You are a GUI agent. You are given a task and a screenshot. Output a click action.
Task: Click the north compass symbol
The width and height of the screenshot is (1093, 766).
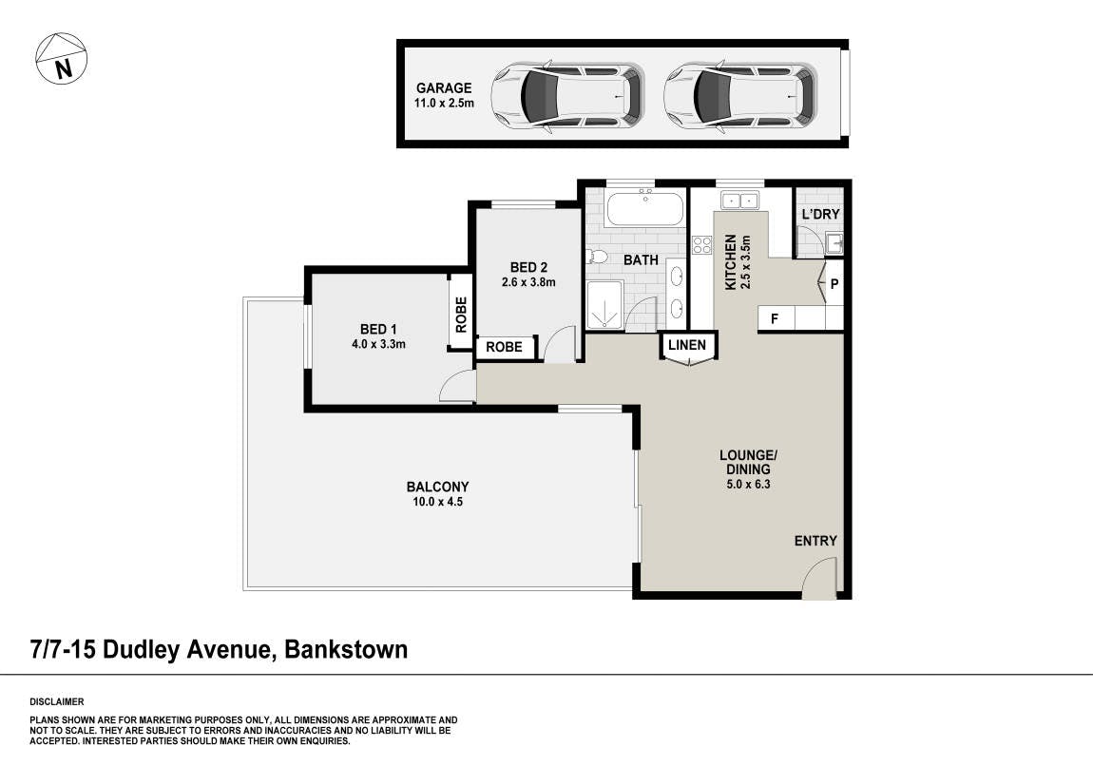click(x=62, y=58)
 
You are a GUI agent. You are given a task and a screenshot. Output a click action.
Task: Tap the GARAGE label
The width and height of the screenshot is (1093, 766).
click(x=444, y=87)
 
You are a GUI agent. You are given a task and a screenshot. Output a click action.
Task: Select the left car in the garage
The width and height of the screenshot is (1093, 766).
click(x=567, y=95)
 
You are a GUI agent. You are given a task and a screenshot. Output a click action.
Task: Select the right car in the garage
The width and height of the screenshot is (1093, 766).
click(x=739, y=95)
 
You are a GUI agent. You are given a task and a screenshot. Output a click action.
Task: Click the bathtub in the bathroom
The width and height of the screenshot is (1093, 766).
click(x=644, y=208)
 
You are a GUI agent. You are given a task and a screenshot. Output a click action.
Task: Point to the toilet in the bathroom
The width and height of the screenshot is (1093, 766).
click(x=596, y=257)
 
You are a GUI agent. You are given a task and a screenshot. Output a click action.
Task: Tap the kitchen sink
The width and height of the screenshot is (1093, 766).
click(x=739, y=201)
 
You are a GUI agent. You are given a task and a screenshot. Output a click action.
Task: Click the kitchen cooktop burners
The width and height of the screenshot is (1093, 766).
click(x=702, y=244)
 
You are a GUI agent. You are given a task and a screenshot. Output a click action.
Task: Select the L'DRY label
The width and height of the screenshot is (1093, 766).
click(x=820, y=214)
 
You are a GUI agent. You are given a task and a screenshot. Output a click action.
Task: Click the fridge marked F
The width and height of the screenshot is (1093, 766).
click(x=775, y=318)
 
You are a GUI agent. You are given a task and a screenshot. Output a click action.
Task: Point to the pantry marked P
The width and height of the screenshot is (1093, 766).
click(x=834, y=283)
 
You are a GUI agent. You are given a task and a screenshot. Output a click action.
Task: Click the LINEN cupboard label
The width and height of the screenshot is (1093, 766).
click(x=686, y=344)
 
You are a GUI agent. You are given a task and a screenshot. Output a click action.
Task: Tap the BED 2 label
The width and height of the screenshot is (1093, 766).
click(x=528, y=267)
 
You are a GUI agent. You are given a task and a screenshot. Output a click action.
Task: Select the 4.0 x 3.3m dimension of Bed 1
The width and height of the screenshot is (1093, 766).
click(x=378, y=344)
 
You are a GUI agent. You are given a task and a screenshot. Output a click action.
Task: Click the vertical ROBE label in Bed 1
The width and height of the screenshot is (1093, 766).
click(x=461, y=315)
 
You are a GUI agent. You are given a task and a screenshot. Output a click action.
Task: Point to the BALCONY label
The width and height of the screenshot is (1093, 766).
click(x=438, y=487)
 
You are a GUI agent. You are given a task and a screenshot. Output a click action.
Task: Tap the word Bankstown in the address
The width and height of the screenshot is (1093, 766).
click(x=347, y=650)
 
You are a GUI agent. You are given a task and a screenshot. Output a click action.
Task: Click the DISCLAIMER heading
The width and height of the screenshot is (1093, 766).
click(x=56, y=702)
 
